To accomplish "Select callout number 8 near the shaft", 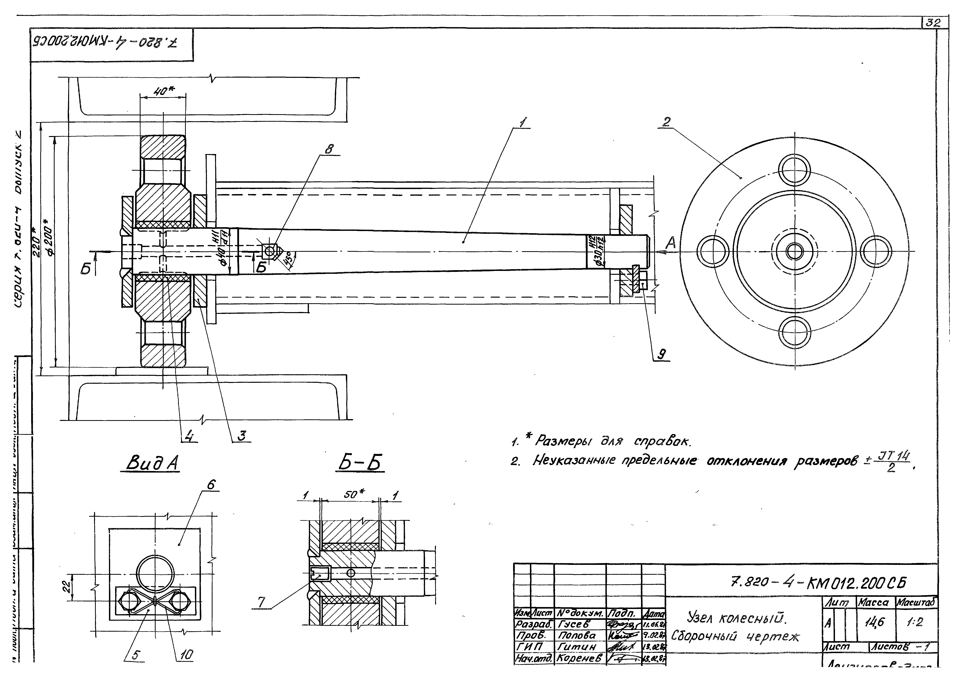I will (x=330, y=149).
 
